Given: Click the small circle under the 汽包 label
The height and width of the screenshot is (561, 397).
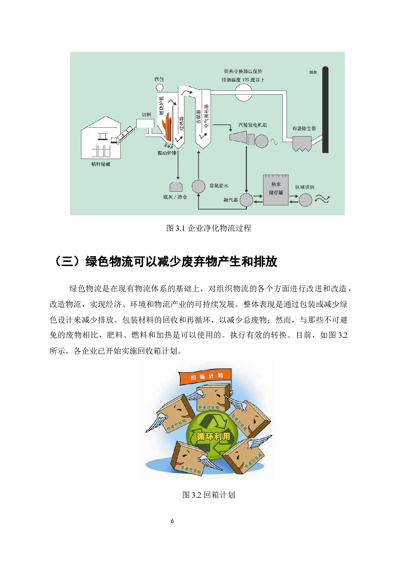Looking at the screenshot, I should point(159,87).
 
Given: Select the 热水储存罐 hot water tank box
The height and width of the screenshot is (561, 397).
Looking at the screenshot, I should point(276,190).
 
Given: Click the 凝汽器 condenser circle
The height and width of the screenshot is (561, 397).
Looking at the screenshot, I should point(246,200).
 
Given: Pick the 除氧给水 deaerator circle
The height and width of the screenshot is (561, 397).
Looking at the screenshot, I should point(198,186).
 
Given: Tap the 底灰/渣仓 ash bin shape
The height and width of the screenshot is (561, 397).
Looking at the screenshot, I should point(176,187).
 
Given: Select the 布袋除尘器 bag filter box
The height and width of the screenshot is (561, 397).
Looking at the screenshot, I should point(302,143).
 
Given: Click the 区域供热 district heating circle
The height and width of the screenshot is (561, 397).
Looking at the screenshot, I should point(305,200).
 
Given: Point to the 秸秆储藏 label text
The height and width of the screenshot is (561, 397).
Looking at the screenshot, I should point(101,164).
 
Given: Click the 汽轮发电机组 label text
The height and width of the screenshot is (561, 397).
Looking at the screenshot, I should point(253,125).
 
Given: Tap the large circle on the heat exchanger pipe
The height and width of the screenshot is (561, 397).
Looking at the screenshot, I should point(243,92).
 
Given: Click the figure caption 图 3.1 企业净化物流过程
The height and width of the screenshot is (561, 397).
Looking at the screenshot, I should point(208,228).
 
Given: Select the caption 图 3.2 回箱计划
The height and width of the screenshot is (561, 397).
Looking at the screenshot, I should point(208,495).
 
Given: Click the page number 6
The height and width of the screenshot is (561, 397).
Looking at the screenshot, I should point(172,521).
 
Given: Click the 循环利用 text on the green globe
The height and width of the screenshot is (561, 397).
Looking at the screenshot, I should point(213,436).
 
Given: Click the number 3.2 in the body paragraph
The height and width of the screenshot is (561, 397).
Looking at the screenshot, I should point(343,335).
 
